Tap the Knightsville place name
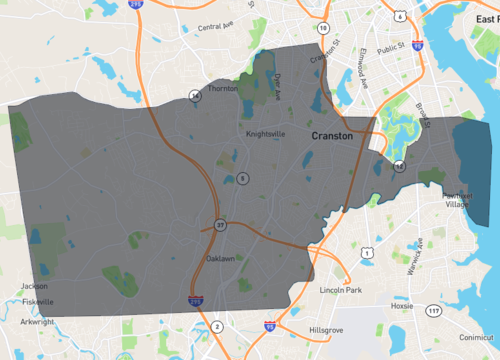click(265, 133)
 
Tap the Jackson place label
click(33, 286)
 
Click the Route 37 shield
click(219, 225)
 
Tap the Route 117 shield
click(433, 310)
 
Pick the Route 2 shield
click(216, 327)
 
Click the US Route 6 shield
click(400, 16)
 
